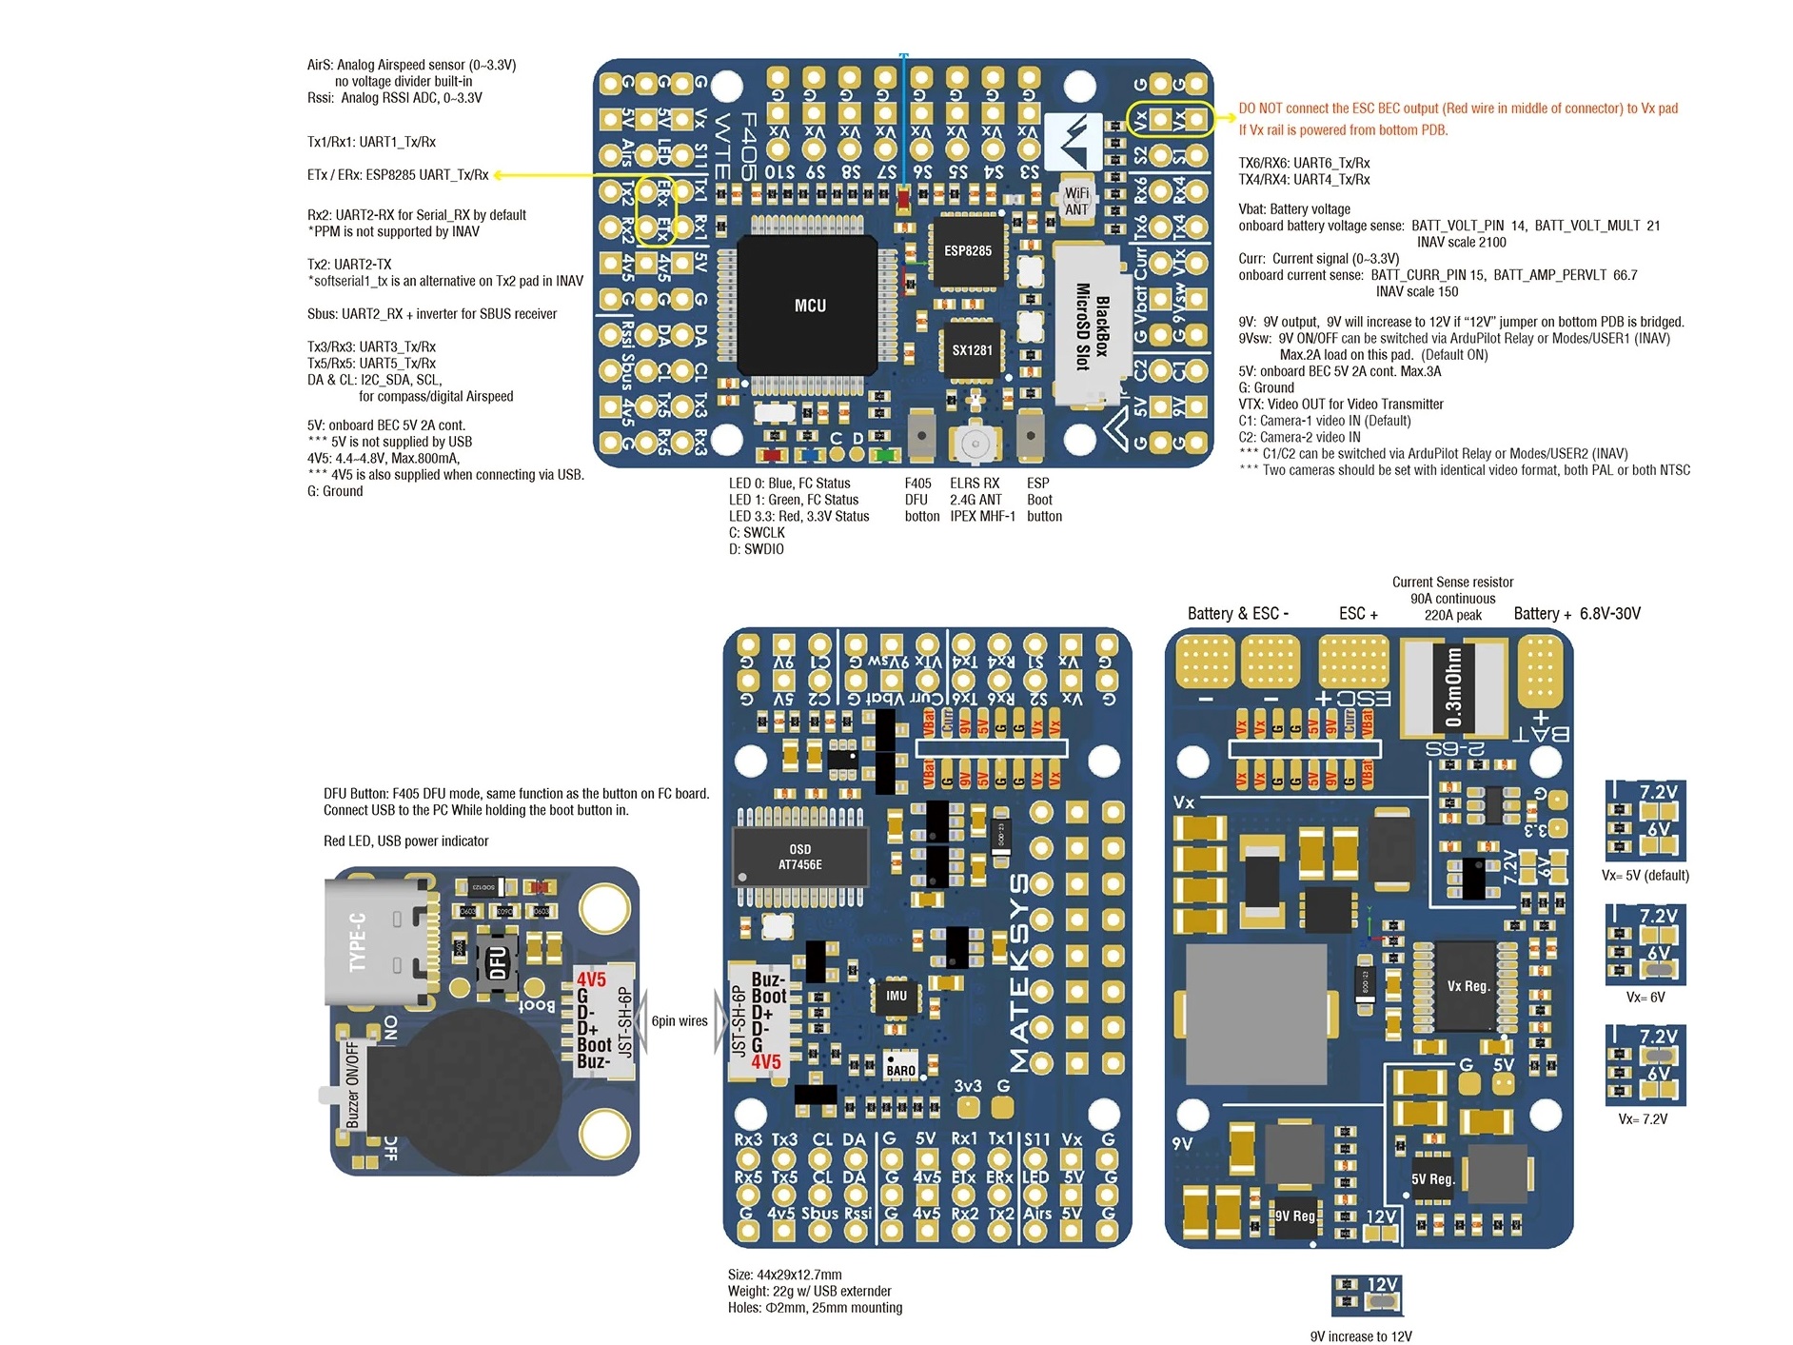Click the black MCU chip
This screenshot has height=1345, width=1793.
808,305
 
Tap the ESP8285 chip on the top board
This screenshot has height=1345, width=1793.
968,250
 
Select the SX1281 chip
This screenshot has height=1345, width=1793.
972,350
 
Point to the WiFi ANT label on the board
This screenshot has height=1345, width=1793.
1076,201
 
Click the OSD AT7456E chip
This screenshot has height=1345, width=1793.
799,857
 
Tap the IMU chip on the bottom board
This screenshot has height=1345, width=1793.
896,996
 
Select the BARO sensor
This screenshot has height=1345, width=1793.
900,1065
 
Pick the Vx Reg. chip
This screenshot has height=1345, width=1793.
1468,986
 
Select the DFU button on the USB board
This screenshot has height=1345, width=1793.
497,962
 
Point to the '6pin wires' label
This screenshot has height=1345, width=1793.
680,1021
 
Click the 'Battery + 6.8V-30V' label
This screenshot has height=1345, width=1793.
1577,614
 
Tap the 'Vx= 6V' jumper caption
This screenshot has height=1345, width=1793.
1645,998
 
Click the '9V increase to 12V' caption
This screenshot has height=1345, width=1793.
1361,1336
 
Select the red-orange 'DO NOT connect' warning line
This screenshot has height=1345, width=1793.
1458,109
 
